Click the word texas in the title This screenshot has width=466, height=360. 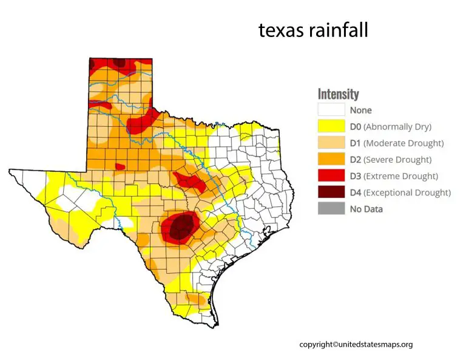click(280, 30)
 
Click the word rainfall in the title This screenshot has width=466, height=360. click(337, 30)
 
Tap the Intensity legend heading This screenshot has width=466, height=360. click(338, 94)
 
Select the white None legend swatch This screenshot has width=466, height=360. click(331, 110)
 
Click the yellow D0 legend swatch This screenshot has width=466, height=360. click(331, 127)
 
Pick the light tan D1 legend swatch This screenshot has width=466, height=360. click(331, 143)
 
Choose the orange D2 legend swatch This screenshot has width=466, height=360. click(331, 160)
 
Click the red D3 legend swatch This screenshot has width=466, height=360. click(331, 176)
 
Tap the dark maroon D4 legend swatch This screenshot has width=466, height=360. click(331, 192)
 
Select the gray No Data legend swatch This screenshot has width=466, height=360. click(331, 209)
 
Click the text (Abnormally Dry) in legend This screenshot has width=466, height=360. click(397, 127)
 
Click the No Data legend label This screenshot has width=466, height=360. click(366, 209)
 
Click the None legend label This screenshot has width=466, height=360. click(360, 110)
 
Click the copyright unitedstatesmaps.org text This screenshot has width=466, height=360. click(356, 344)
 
